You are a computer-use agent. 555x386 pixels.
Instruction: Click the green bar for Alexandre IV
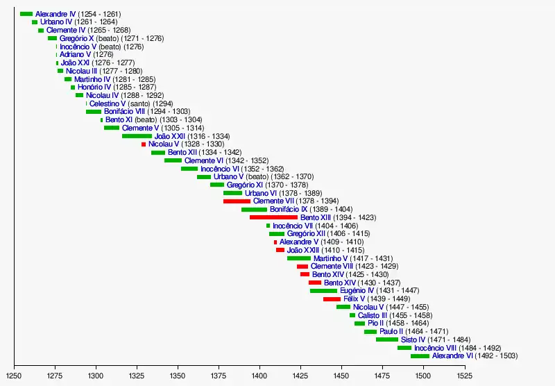26,14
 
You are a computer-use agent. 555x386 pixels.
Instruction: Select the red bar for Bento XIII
273,217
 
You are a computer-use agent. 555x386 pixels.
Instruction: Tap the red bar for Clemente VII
237,201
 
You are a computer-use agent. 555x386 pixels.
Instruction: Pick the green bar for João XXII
137,136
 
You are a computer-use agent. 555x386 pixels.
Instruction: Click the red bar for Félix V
332,299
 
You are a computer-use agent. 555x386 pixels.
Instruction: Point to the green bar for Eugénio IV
323,290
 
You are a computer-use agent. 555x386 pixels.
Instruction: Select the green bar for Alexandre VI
420,355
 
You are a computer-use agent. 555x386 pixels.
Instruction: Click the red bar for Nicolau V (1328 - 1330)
144,144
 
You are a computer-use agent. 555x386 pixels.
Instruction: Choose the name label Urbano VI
261,193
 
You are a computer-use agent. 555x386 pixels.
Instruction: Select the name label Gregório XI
245,185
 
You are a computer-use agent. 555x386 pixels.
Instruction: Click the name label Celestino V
108,103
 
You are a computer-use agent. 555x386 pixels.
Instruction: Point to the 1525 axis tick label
465,375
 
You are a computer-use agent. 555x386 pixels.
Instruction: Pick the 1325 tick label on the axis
137,375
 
